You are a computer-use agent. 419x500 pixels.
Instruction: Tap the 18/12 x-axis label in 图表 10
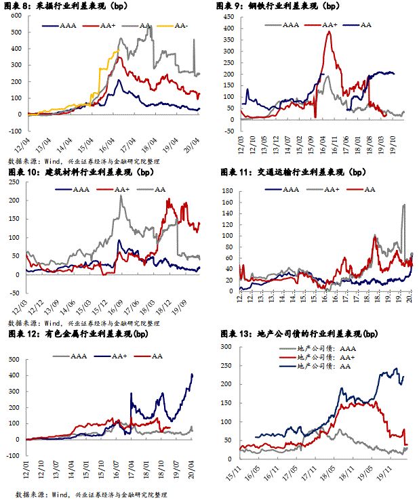[x=169, y=307]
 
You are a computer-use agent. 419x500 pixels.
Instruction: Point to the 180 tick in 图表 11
[x=228, y=192]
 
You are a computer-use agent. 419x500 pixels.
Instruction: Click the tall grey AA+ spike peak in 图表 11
[x=404, y=205]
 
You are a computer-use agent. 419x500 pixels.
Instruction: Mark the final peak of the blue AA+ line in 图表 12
[x=193, y=373]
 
